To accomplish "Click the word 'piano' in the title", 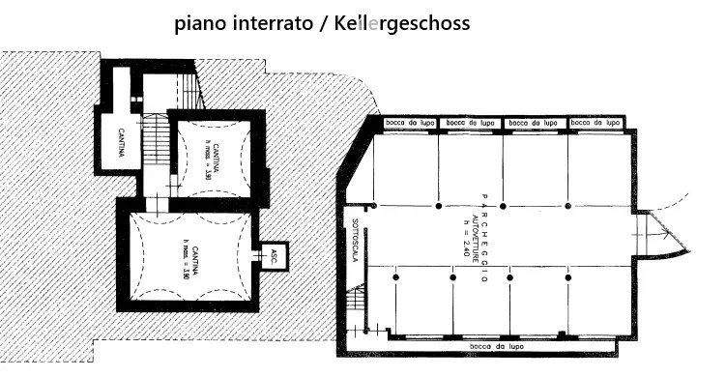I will tap(199, 23).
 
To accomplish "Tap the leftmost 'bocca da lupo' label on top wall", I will tap(407, 124).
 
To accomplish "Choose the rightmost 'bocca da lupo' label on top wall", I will tap(595, 124).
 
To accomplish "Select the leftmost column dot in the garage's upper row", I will tap(375, 206).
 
